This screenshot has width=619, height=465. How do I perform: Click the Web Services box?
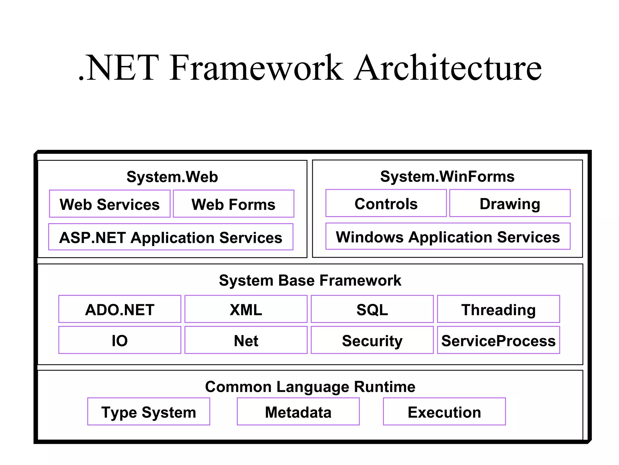point(110,204)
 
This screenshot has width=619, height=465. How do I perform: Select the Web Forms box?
point(233,204)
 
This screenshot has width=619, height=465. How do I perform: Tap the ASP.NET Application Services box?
point(171,237)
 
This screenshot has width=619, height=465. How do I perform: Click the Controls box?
point(386,203)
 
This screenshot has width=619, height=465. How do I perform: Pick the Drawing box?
point(510,203)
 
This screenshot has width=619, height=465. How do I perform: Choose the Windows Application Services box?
point(448,236)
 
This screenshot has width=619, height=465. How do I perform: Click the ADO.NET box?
point(120,309)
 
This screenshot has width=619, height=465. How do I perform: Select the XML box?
point(246,309)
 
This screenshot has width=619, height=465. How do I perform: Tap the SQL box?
point(372,309)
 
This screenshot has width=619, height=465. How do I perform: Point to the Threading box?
point(498,309)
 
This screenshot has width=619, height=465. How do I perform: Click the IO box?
point(120,340)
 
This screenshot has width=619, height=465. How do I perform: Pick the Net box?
point(246,340)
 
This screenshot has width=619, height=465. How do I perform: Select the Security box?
point(372,340)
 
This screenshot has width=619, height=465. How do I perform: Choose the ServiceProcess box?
point(498,340)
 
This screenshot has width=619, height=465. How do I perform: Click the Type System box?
point(149,412)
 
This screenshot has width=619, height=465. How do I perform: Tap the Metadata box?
point(298,412)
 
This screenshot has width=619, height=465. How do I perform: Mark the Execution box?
point(444,412)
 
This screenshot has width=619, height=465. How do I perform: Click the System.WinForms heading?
point(447,176)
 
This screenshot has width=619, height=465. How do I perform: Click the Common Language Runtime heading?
point(310,387)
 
